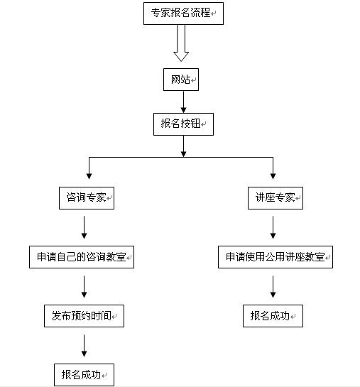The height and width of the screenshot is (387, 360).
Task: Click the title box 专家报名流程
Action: tap(183, 13)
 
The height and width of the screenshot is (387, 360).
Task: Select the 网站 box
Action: tap(181, 80)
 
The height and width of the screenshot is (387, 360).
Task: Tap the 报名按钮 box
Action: tap(183, 124)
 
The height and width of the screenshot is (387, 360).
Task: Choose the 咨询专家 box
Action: tap(87, 198)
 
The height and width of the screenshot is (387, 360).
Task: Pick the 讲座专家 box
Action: tap(276, 198)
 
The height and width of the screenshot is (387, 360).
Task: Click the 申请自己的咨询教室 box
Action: tap(82, 257)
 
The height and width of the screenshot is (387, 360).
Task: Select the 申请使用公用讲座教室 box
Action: tap(276, 257)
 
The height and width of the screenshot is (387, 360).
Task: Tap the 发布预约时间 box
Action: tap(84, 316)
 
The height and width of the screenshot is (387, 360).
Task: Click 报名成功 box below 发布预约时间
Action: tap(84, 375)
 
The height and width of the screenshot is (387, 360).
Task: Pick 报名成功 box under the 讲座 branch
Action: tap(273, 316)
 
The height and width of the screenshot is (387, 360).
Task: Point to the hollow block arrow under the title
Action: tap(181, 43)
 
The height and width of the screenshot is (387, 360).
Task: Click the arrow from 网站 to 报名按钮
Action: tap(183, 102)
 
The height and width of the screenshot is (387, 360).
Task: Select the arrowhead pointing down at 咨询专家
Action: tap(89, 176)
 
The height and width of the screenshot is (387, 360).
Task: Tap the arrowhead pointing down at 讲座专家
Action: tap(273, 176)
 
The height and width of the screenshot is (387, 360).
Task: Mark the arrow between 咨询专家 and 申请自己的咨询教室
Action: tap(84, 227)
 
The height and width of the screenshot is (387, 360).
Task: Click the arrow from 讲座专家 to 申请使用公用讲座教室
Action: tap(273, 227)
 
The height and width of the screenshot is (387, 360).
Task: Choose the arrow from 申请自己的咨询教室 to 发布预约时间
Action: tap(84, 287)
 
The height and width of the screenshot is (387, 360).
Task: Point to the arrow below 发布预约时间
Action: tap(84, 346)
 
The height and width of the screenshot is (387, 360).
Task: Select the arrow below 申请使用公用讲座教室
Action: tap(273, 287)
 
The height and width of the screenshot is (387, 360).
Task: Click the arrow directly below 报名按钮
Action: tap(183, 146)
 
